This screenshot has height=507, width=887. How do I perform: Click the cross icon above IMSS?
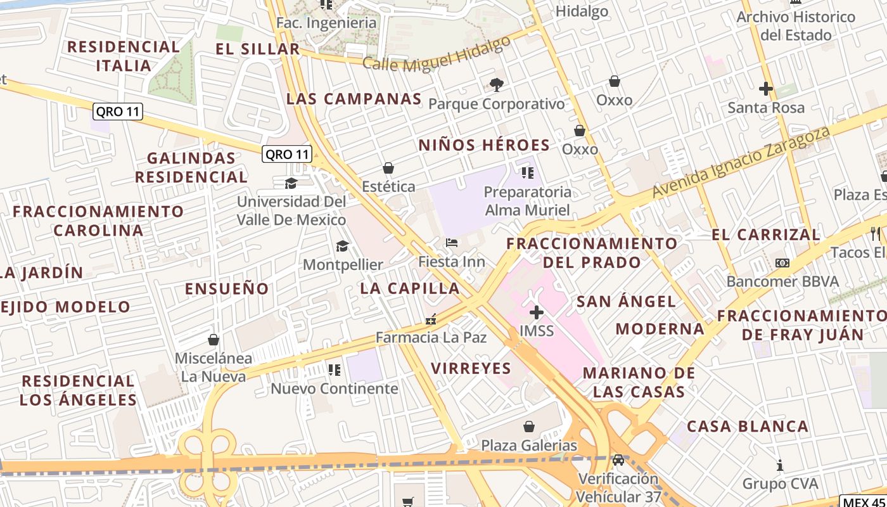537,312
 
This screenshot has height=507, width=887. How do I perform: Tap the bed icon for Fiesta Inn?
452,243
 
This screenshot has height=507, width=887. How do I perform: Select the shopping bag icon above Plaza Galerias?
529,427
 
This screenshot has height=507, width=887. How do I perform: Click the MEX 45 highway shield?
863,501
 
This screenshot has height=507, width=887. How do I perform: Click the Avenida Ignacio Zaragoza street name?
741,162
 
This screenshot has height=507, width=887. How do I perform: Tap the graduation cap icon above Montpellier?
342,246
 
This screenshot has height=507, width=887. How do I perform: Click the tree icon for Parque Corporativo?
496,84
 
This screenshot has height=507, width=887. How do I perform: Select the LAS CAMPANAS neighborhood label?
354,99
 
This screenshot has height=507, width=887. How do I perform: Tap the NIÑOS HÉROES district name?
484,145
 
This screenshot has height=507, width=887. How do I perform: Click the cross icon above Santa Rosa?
766,89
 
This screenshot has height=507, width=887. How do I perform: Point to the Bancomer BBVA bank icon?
782,263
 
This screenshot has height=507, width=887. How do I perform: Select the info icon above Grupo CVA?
780,466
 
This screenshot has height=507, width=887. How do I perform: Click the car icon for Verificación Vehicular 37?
618,459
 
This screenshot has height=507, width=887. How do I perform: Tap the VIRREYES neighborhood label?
471,368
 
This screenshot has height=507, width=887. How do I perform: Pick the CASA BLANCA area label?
748,427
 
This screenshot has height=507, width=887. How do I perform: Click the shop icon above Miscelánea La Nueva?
214,340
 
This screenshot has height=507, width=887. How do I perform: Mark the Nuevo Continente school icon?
334,369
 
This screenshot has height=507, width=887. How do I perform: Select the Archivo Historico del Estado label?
796,26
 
